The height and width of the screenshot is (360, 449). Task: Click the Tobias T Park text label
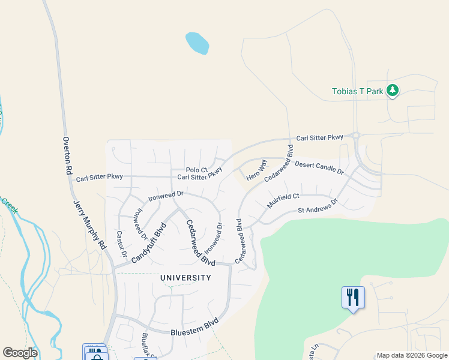[x=357, y=92]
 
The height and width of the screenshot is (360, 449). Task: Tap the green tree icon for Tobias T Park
[x=393, y=91]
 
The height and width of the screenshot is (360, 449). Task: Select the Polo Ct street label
[x=196, y=170]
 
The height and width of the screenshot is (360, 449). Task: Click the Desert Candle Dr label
[x=319, y=168]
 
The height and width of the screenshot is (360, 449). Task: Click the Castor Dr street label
[x=122, y=244]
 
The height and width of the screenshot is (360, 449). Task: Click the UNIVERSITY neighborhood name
[x=185, y=278]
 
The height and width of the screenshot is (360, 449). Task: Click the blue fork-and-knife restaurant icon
[x=352, y=297]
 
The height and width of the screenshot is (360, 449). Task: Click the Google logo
[x=20, y=353]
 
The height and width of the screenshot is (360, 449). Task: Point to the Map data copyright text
[x=412, y=355]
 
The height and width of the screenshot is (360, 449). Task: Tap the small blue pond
[x=197, y=43]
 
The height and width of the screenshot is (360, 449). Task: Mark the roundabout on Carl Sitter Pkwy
[x=355, y=136]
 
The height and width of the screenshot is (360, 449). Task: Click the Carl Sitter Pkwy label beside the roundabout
[x=319, y=138]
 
